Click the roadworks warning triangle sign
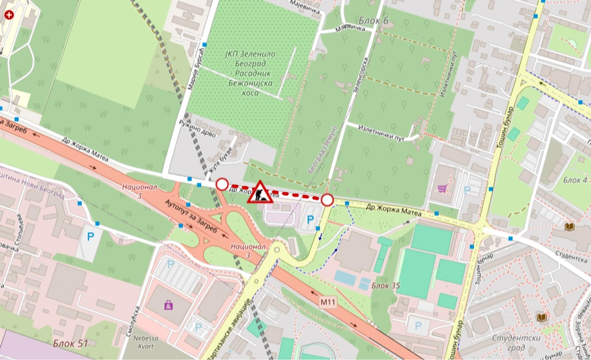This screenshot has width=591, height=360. pos(260,192)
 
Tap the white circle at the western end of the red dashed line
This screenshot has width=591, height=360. pos(222,184)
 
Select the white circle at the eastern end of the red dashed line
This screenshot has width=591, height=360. pos(327,200)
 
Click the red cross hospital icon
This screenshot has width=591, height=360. pos(9,17)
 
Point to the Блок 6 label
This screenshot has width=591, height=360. pos(373,21)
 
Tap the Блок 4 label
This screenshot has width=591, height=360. pos(575,180)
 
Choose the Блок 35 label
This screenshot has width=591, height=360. pos(385,286)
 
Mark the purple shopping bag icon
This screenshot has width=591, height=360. pos(168,305)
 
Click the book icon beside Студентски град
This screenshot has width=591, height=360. pos(541,318)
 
